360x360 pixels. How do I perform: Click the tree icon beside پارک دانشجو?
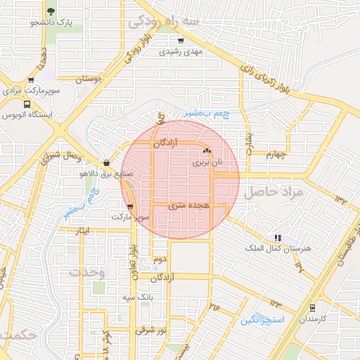point(51,11)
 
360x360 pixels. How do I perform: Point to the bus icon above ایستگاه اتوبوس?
point(27,103)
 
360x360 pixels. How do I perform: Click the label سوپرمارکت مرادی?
point(32,91)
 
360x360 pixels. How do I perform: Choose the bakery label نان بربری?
point(207,162)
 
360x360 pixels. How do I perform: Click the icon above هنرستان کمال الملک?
point(278,238)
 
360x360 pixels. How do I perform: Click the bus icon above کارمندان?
point(312,307)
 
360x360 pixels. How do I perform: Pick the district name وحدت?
point(88,271)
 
